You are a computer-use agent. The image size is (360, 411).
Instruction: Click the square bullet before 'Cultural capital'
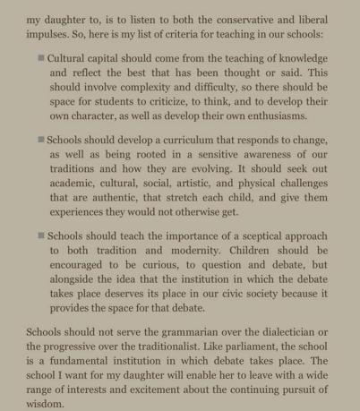click(41, 58)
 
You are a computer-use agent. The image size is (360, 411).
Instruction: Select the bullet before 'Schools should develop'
click(41, 140)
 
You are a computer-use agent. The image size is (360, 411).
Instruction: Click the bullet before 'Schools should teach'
click(41, 235)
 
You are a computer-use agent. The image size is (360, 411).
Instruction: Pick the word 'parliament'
click(236, 346)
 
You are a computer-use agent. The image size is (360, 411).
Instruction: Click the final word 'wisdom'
click(46, 404)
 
